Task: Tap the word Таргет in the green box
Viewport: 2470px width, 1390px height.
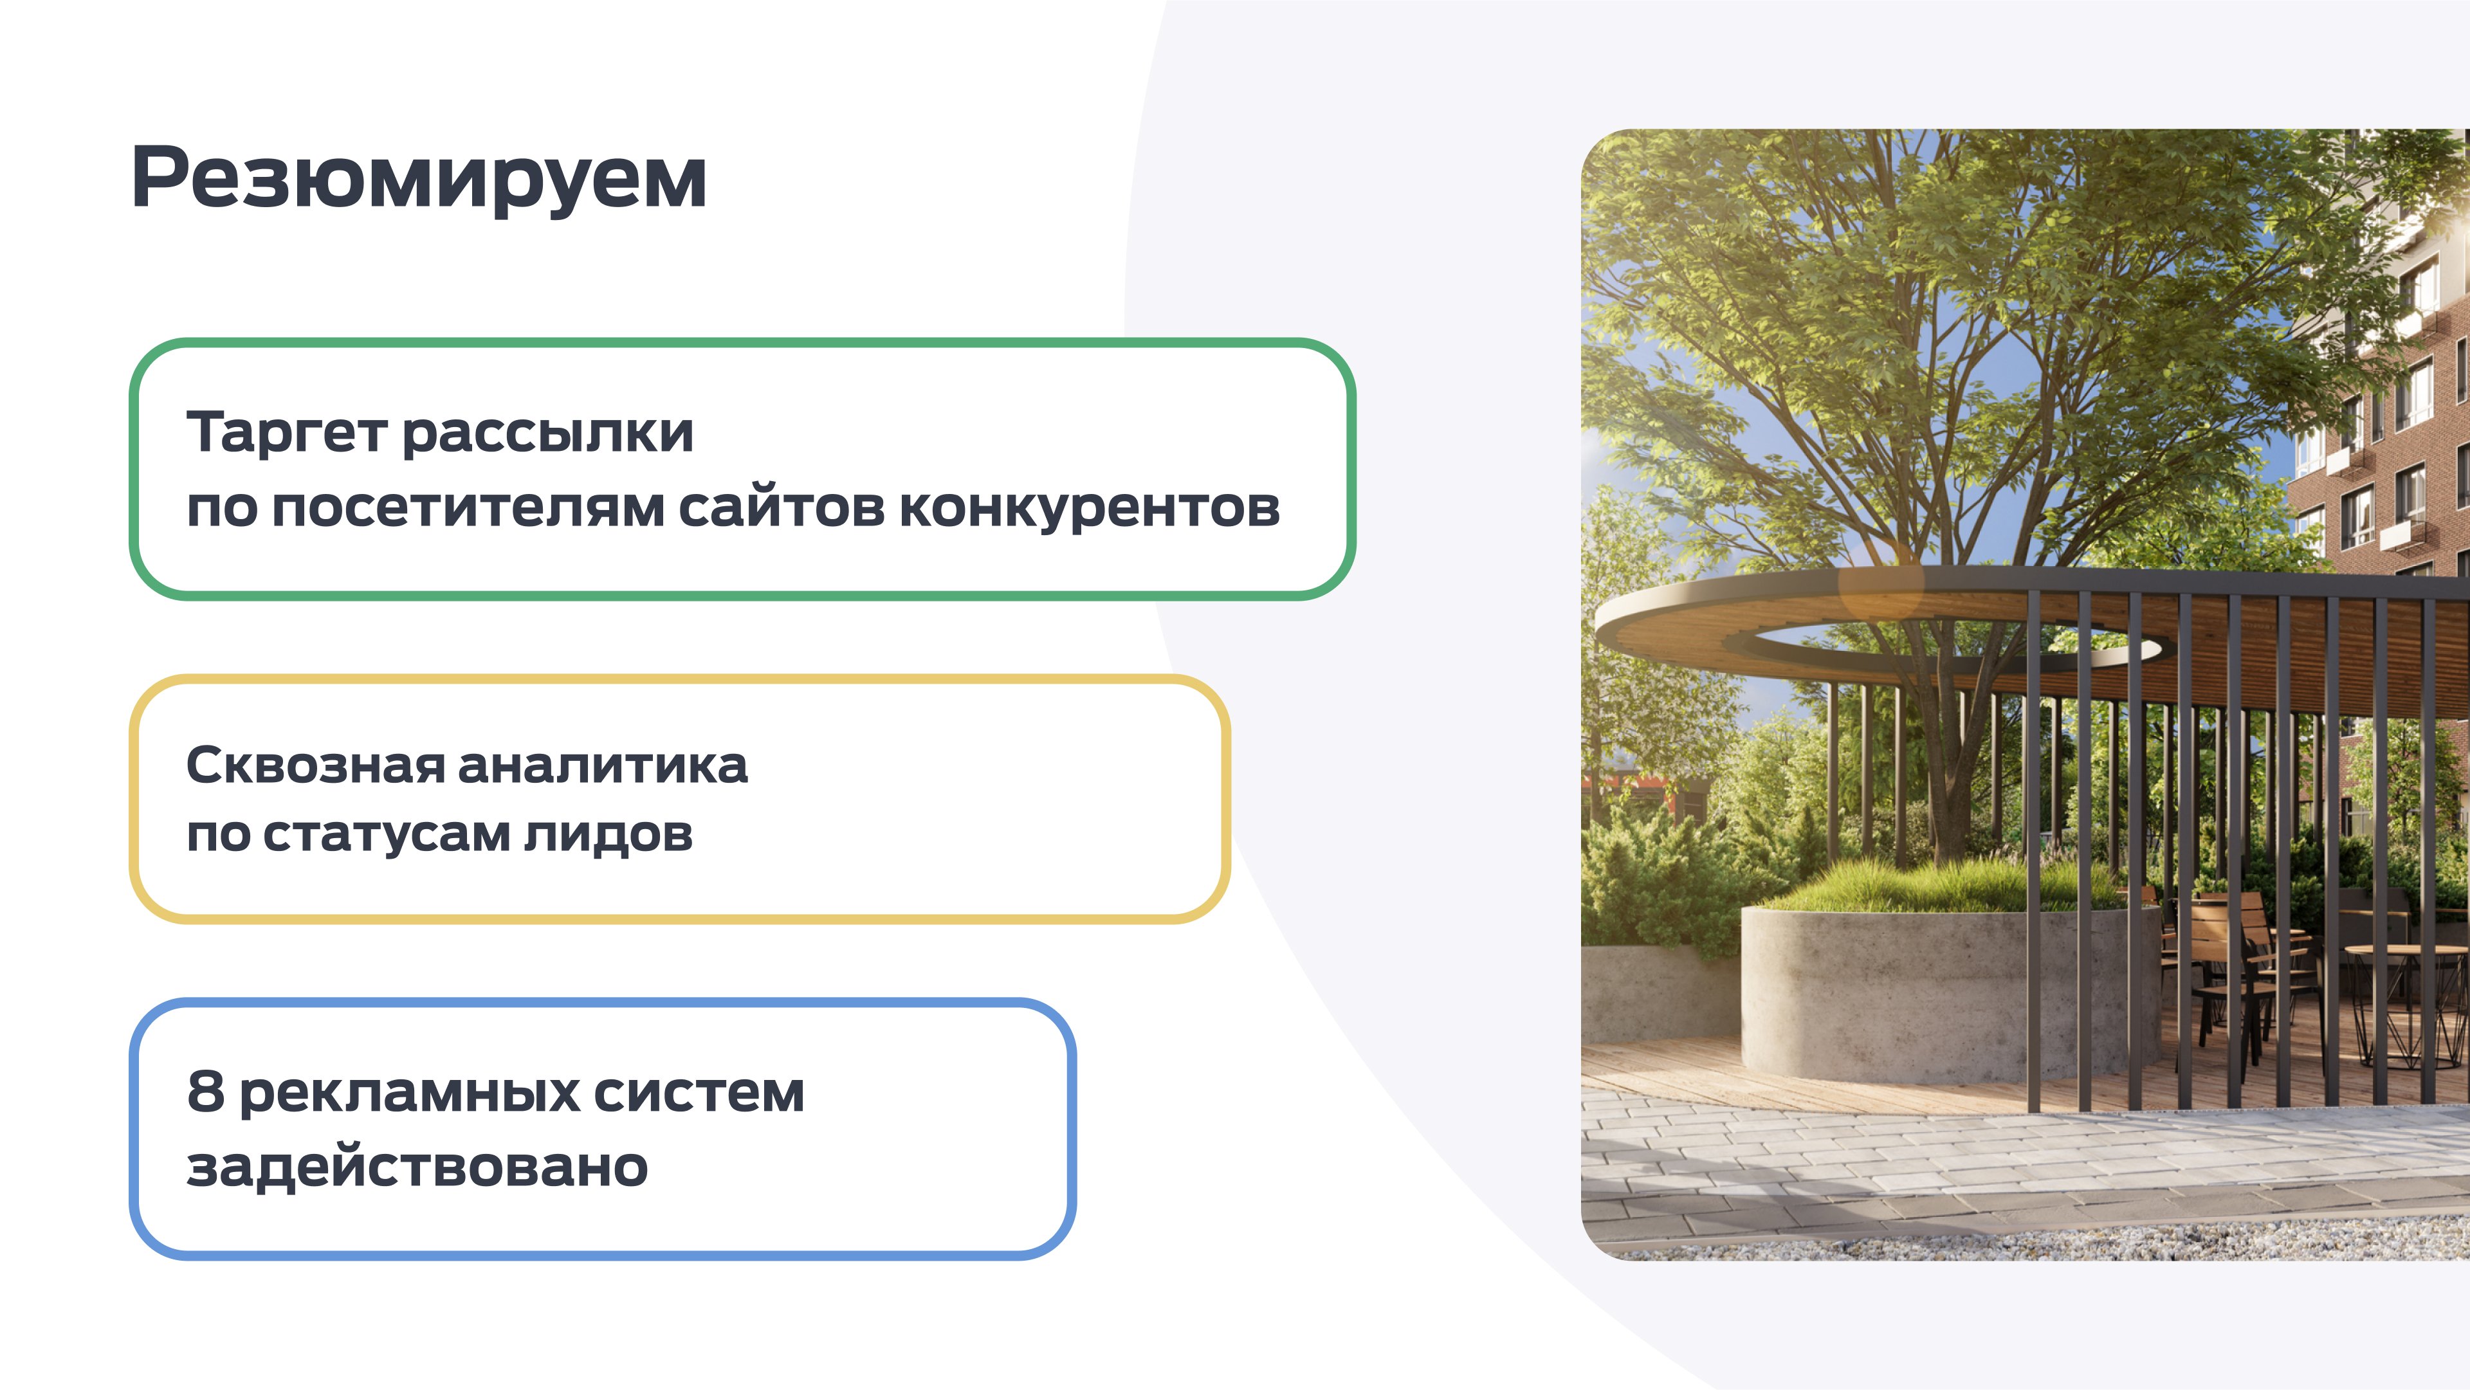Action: pyautogui.click(x=288, y=434)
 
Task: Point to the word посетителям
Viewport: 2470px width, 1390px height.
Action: pyautogui.click(x=468, y=508)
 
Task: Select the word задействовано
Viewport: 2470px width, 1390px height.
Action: pyautogui.click(x=417, y=1167)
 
